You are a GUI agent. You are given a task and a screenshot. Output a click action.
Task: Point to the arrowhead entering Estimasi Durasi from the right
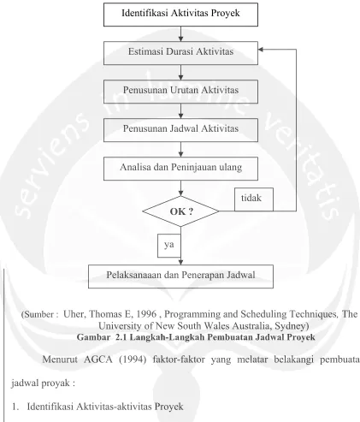(x=261, y=50)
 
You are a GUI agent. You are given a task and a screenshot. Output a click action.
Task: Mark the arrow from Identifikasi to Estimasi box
(x=180, y=34)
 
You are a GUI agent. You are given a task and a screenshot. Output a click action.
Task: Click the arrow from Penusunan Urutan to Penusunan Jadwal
(x=180, y=111)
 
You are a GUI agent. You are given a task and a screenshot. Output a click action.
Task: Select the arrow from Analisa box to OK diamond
(x=180, y=188)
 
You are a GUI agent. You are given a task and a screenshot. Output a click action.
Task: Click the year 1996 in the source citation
(x=146, y=314)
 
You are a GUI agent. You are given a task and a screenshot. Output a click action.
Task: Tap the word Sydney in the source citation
(x=290, y=326)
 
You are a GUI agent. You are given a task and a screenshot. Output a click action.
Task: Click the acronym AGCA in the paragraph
(x=98, y=360)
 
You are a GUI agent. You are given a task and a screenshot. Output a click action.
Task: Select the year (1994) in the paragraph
(x=133, y=360)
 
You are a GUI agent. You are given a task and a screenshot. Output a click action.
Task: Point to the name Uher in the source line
(x=74, y=314)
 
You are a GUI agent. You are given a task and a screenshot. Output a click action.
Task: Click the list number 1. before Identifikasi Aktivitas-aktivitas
(x=15, y=407)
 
